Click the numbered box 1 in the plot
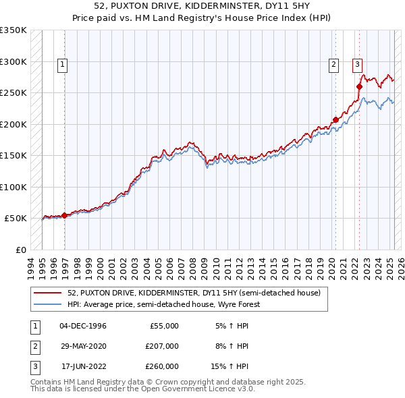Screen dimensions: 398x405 point(61,65)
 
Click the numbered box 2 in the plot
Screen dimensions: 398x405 point(333,65)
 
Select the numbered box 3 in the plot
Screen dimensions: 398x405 point(357,65)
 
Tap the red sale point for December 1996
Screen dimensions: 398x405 point(65,216)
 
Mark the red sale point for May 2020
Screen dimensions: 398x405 point(335,120)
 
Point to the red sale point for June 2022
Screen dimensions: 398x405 point(359,86)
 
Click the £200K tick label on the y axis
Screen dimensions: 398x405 point(13,124)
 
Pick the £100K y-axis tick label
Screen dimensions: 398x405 point(13,187)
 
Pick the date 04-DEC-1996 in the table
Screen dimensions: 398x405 point(83,326)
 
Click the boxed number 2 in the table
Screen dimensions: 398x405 point(34,346)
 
